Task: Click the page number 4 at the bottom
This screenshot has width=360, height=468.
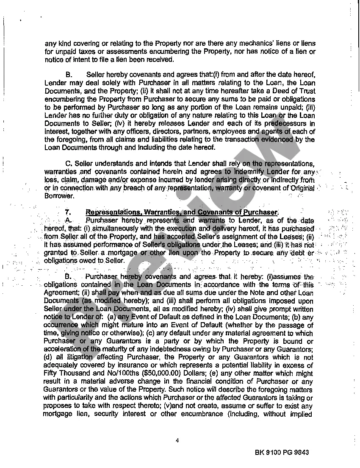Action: coord(177,440)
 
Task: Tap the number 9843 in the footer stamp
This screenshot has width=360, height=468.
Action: coord(299,452)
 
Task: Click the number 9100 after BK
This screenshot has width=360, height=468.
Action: coord(274,452)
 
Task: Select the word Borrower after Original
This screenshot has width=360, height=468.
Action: coord(59,196)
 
